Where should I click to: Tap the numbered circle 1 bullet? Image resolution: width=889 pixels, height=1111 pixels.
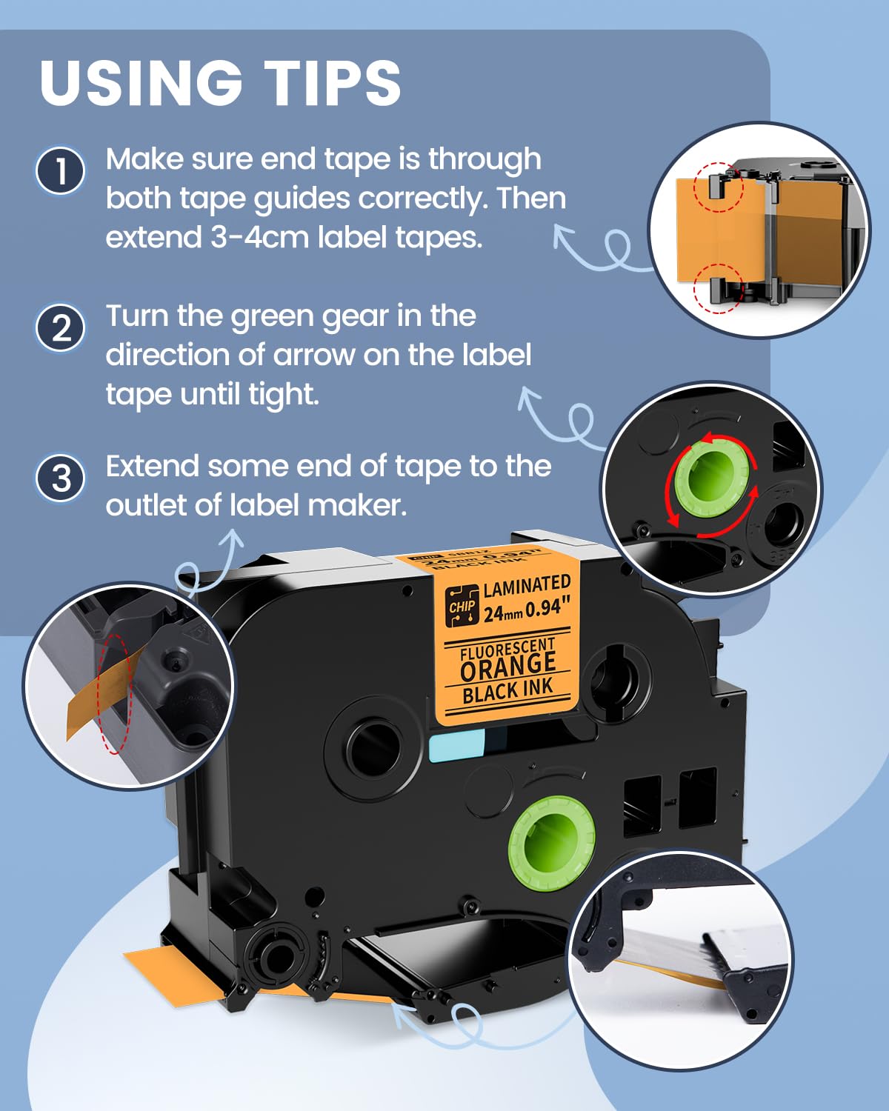click(61, 171)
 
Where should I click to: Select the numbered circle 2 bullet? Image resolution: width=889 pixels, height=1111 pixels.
click(61, 328)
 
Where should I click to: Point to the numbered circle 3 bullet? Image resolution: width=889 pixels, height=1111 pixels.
click(61, 478)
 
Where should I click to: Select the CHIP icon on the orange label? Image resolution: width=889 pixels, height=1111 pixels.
click(462, 606)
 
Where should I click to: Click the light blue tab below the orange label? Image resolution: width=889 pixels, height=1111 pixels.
click(456, 744)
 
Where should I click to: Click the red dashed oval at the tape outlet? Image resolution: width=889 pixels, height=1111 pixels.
click(116, 693)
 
